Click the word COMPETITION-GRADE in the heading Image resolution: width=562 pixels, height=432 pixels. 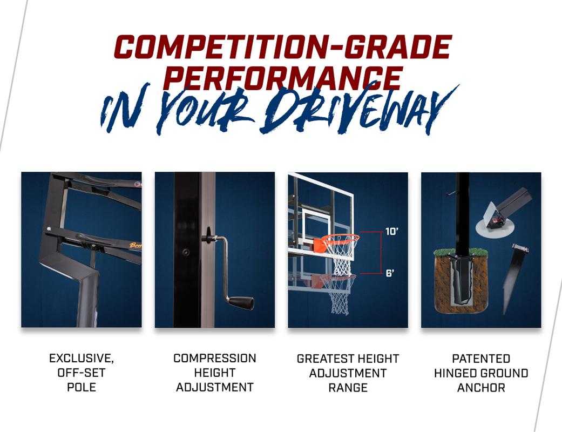point(283,47)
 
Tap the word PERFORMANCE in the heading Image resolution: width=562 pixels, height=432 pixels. point(283,78)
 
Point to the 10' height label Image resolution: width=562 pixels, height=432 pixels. point(392,232)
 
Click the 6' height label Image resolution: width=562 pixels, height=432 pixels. point(390,274)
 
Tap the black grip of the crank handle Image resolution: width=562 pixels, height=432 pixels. point(241,303)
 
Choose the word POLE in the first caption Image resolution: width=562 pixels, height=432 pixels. point(82,387)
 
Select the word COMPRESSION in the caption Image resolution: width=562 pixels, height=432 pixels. point(215,358)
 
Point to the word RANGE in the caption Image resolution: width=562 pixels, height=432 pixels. point(348,388)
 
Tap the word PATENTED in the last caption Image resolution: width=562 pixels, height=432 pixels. point(481,359)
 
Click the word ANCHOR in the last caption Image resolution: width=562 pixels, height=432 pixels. point(481,388)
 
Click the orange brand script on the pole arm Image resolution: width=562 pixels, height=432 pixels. point(136,246)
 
